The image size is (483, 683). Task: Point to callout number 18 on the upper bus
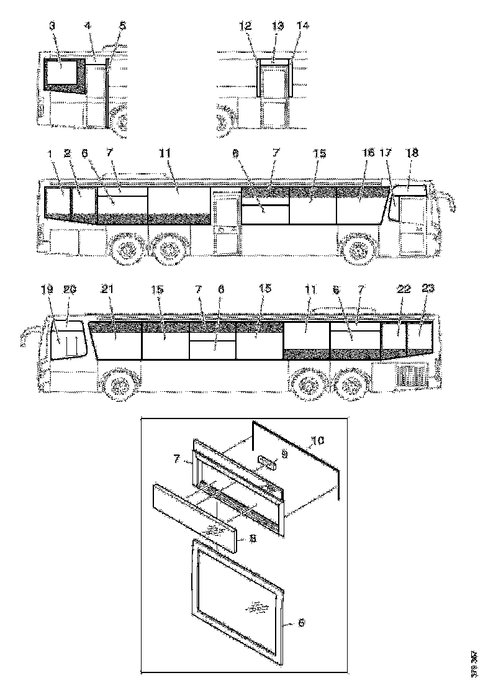point(412,152)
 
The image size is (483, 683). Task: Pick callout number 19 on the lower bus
point(49,289)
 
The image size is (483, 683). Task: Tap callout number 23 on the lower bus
point(427,289)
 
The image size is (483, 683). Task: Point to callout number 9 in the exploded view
point(285,454)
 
